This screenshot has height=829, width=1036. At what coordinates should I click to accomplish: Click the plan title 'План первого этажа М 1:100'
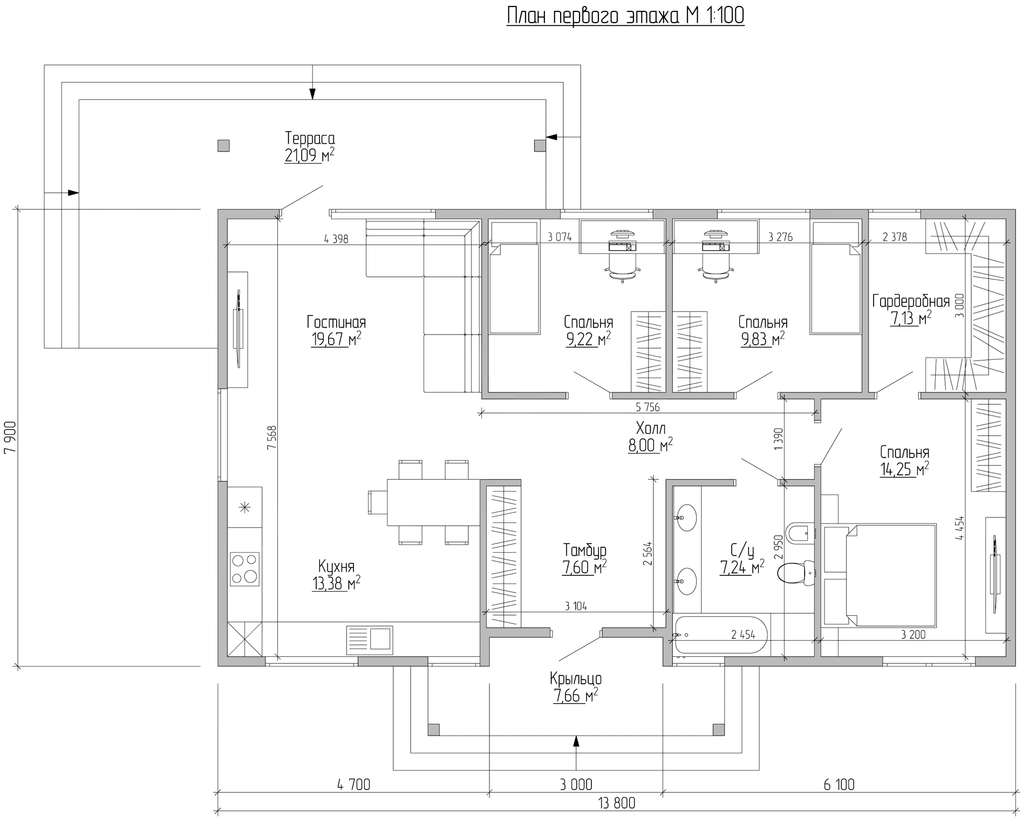[x=625, y=16]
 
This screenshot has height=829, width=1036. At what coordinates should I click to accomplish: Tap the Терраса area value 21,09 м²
[x=309, y=156]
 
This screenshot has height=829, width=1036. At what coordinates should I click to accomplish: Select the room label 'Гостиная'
[x=336, y=322]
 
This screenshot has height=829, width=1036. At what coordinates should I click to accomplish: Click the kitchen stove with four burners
[x=244, y=569]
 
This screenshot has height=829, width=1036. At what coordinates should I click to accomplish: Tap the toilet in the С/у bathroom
[x=796, y=573]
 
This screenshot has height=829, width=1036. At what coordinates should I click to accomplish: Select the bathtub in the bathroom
[x=720, y=635]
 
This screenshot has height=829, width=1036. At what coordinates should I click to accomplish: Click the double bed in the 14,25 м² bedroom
[x=880, y=574]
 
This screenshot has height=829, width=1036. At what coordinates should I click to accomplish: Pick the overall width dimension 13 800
[x=617, y=803]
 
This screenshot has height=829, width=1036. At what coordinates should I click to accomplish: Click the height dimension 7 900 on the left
[x=10, y=437]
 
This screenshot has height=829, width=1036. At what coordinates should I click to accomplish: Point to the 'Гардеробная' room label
[x=911, y=301]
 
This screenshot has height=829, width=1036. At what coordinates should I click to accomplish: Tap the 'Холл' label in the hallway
[x=651, y=429]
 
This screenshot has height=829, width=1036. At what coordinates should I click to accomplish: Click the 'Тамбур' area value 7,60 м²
[x=584, y=568]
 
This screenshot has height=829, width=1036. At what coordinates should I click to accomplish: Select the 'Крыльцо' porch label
[x=576, y=678]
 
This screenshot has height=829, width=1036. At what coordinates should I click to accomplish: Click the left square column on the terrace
[x=223, y=146]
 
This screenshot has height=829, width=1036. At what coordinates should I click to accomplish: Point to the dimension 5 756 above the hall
[x=647, y=407]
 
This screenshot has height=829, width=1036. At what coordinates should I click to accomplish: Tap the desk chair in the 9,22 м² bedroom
[x=624, y=267]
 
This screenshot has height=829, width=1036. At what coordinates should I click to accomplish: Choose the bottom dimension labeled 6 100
[x=839, y=784]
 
